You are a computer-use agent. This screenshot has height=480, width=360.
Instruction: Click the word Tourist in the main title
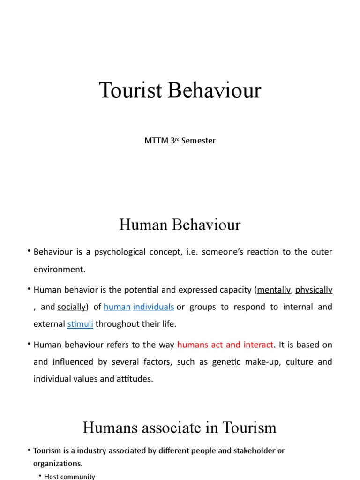[x=131, y=90]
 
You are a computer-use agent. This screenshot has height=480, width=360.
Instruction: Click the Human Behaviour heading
[x=180, y=225]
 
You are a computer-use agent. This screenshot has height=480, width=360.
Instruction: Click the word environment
[x=59, y=270]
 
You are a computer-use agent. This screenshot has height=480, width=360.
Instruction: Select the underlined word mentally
[x=274, y=290]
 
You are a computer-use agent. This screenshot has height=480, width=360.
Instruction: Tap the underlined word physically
[x=314, y=290]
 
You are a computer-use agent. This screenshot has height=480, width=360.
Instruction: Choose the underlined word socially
[x=71, y=307]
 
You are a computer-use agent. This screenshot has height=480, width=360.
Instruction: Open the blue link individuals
[x=153, y=307]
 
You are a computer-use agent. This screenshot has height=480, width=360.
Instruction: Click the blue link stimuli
[x=80, y=324]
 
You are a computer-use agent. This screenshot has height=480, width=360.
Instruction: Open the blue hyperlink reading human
[x=117, y=307]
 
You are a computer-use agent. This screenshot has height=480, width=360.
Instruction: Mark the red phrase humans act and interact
[x=225, y=345]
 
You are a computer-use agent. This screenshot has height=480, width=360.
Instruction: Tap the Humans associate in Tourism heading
[x=180, y=427]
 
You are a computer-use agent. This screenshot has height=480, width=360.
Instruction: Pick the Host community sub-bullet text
[x=69, y=476]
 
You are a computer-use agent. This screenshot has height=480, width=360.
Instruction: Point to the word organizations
[x=57, y=464]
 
